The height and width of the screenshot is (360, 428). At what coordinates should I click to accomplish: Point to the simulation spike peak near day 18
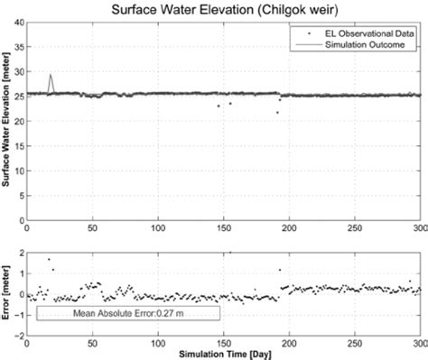coord(50,75)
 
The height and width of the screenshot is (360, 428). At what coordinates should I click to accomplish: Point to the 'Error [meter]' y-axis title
coord(7,288)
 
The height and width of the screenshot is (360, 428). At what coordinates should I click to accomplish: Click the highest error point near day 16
coord(48,260)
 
